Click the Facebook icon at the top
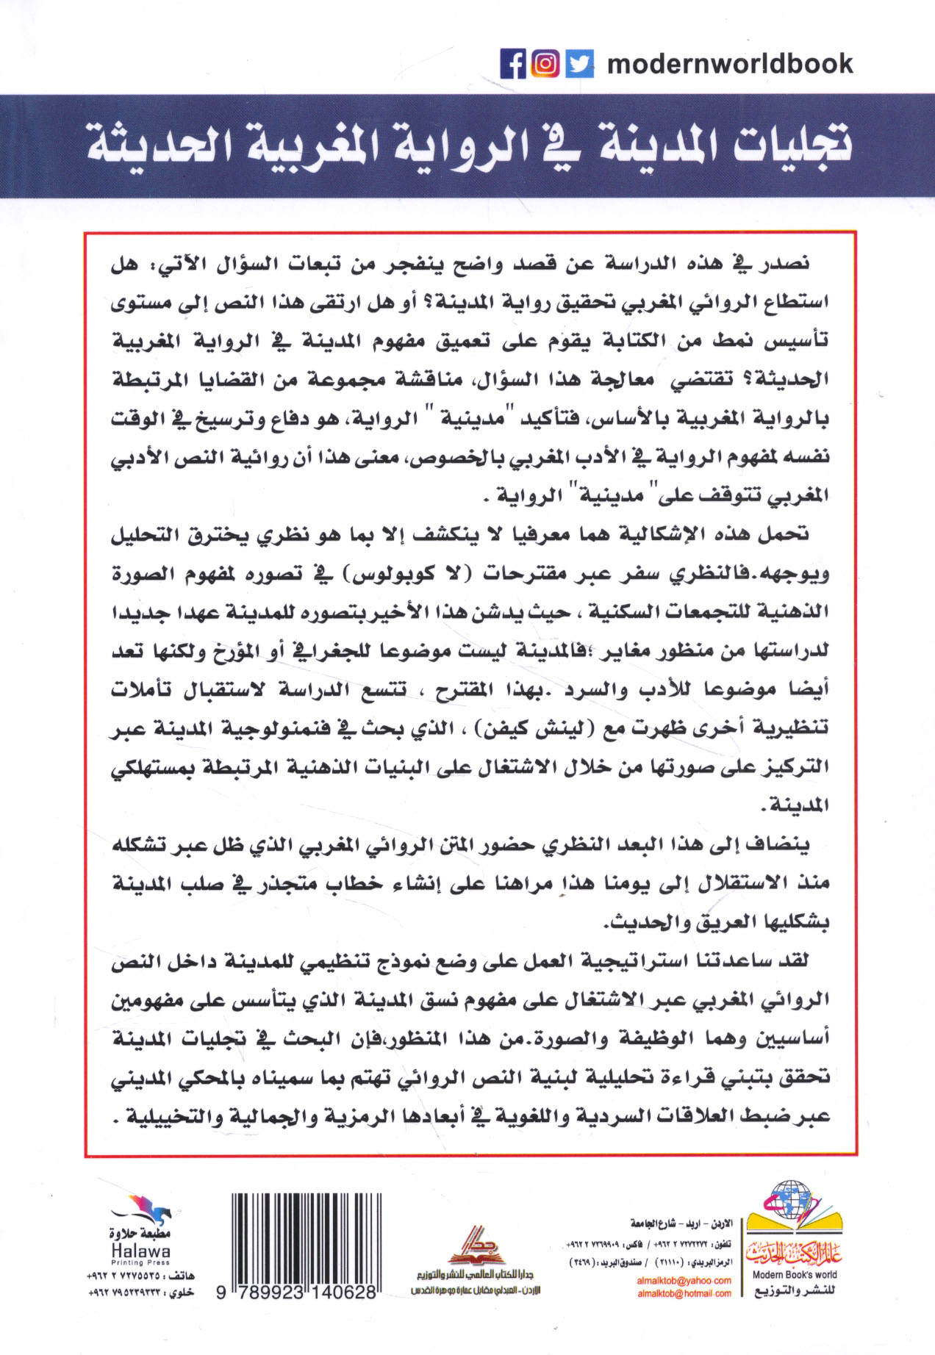click(x=513, y=64)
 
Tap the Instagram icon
click(x=545, y=64)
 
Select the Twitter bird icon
click(x=580, y=64)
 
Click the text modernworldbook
click(x=730, y=64)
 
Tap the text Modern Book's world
click(x=795, y=1275)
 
